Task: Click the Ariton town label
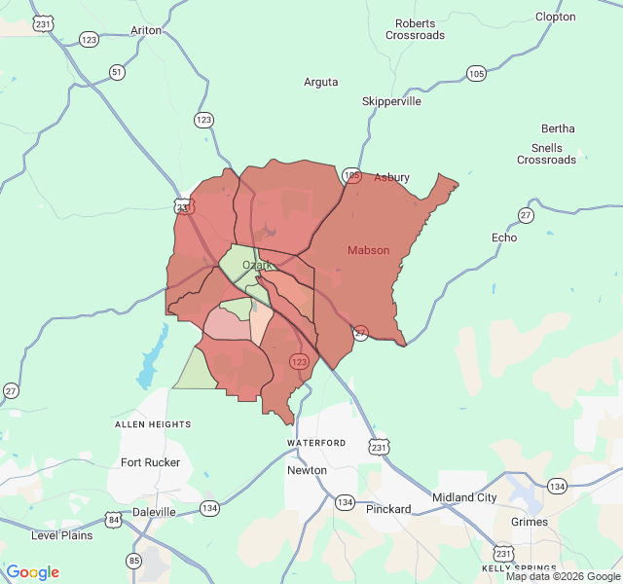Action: (x=146, y=30)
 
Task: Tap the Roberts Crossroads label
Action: (x=415, y=29)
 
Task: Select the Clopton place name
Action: (x=556, y=17)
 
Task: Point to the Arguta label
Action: (x=321, y=82)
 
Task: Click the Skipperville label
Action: (x=391, y=101)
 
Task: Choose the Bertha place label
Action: (x=558, y=128)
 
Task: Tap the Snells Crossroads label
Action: (x=547, y=154)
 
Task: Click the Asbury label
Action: (x=392, y=177)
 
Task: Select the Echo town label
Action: (x=504, y=237)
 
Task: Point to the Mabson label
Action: (x=369, y=250)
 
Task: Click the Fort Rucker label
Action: (x=150, y=462)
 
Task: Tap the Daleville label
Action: (x=154, y=511)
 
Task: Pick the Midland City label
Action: (x=464, y=497)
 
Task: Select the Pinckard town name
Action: (x=388, y=509)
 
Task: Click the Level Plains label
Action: (x=62, y=535)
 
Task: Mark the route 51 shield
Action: (x=118, y=72)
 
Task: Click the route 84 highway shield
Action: (x=114, y=520)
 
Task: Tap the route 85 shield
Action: (x=133, y=560)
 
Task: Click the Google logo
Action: (x=32, y=572)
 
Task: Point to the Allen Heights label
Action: (x=153, y=424)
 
